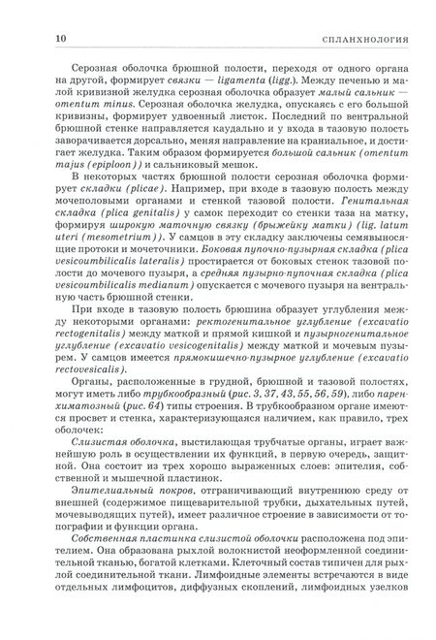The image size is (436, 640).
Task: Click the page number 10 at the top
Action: tap(35, 39)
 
